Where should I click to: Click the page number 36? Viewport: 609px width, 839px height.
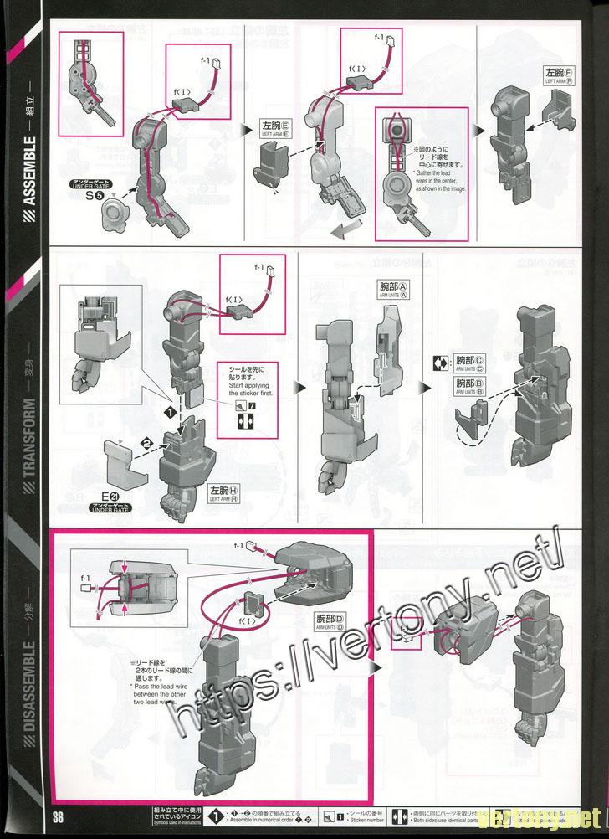pos(57,816)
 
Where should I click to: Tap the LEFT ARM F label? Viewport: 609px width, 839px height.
pos(559,77)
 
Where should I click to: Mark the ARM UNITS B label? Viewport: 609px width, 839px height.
pos(469,386)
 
